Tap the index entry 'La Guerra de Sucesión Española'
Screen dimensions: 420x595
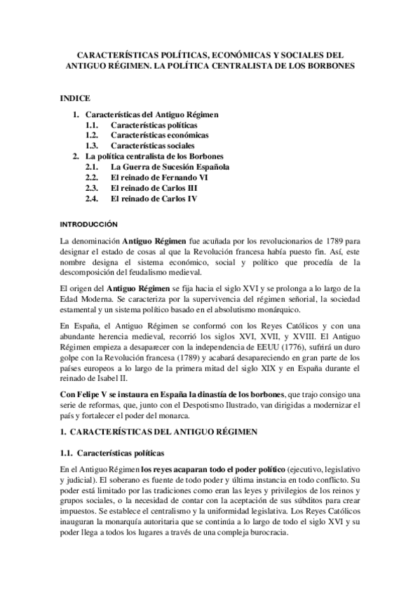(x=170, y=167)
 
